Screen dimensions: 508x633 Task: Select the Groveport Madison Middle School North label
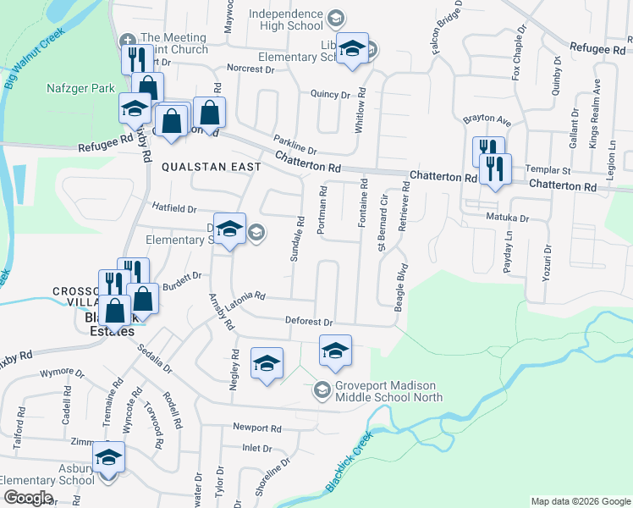[x=388, y=390]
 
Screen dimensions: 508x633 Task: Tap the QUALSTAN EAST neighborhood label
[x=212, y=167]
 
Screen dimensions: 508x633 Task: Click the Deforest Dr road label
[x=310, y=323]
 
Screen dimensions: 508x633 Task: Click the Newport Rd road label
[x=257, y=428]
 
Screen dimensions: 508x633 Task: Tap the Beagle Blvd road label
[x=400, y=285]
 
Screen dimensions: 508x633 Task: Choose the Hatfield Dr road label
[x=174, y=207]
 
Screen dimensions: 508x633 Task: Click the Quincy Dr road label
[x=330, y=95]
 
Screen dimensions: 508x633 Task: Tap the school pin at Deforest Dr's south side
[x=335, y=351]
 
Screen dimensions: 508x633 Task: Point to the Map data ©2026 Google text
[x=580, y=501]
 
